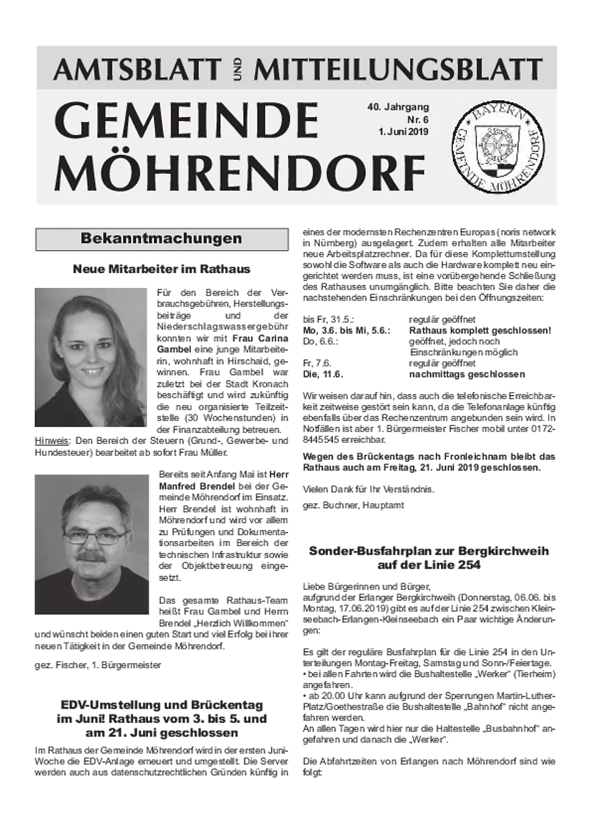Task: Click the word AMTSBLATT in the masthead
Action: click(137, 70)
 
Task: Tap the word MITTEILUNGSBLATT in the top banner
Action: click(398, 70)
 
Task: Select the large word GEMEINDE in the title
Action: click(187, 121)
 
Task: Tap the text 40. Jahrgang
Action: click(398, 108)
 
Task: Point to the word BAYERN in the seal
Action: click(497, 115)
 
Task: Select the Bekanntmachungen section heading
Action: click(161, 239)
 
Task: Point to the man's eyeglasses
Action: click(95, 536)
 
